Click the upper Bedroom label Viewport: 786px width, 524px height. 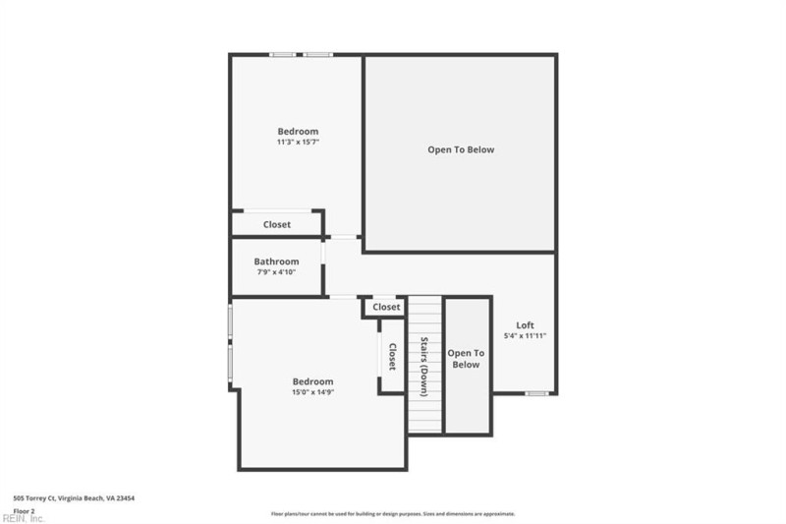[298, 132]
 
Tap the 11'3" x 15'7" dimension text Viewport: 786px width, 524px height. [298, 143]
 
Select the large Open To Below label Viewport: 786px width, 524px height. [461, 150]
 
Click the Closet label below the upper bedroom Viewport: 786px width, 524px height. [277, 225]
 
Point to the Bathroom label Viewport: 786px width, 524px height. [276, 262]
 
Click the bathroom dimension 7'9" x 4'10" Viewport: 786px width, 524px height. [276, 272]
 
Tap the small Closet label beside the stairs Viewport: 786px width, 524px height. [387, 308]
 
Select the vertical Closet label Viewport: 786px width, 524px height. [392, 357]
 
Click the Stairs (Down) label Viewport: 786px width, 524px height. [425, 367]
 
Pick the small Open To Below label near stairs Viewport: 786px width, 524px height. [466, 359]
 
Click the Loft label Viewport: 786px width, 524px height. [526, 325]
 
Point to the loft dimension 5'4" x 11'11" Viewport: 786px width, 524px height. [526, 336]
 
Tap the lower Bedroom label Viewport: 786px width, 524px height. [312, 381]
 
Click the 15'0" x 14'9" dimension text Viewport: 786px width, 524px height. [312, 392]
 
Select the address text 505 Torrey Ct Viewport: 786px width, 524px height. [74, 498]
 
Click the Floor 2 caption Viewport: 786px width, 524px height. [24, 511]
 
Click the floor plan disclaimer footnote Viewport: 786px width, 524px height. [393, 514]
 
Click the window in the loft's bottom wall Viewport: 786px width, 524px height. [535, 393]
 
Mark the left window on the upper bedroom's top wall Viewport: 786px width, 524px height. [283, 54]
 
